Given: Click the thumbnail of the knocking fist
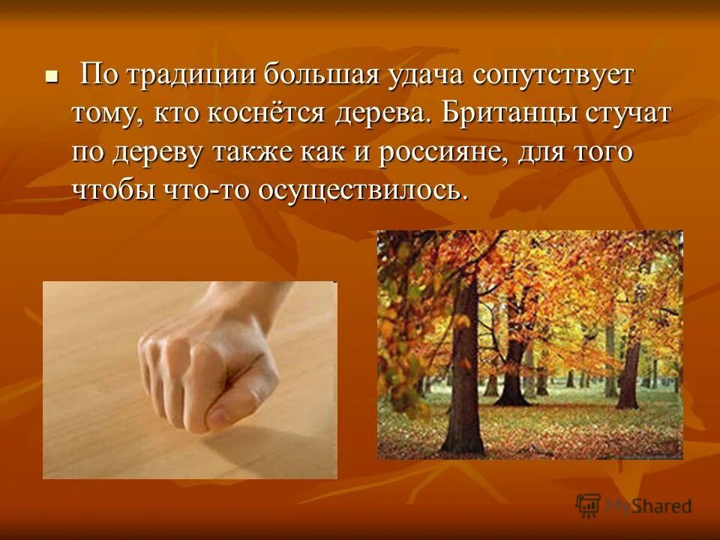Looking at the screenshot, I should tap(190, 379).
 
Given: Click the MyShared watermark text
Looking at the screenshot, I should tap(649, 506).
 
